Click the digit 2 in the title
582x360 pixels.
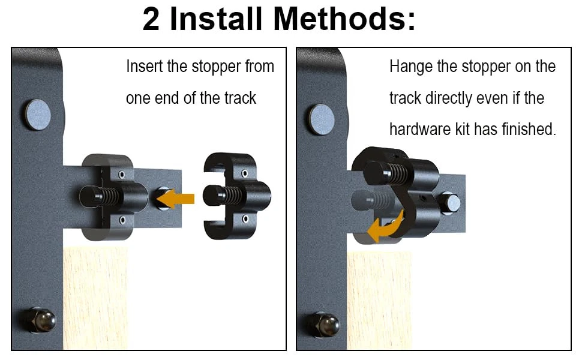point(151,19)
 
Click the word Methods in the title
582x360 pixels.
point(344,19)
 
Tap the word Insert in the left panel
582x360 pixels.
point(145,67)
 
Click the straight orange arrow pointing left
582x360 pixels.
point(175,199)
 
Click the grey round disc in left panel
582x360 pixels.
point(38,115)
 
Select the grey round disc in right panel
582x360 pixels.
point(322,119)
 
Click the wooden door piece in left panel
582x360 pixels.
point(95,298)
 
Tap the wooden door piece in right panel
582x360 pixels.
point(379,301)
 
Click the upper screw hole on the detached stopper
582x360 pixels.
point(245,173)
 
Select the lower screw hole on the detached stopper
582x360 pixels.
point(245,219)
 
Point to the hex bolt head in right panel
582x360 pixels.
point(450,203)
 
